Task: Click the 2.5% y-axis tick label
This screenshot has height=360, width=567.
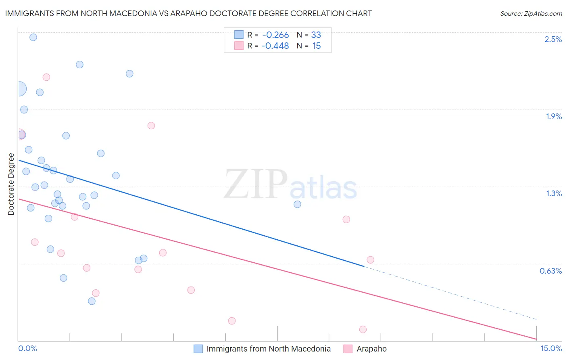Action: pos(553,39)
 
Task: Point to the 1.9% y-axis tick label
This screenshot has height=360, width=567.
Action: pos(554,116)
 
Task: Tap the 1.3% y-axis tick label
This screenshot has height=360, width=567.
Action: pos(554,193)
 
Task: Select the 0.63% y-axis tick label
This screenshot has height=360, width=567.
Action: pos(550,271)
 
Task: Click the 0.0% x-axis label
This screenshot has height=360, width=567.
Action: pos(27,348)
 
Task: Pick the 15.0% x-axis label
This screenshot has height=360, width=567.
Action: pos(551,348)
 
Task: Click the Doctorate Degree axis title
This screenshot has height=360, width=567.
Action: pos(11,184)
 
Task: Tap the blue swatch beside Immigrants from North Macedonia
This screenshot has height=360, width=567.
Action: pos(198,349)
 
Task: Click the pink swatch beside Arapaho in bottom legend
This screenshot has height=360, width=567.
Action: pos(348,349)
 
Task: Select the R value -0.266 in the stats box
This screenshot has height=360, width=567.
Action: pos(275,35)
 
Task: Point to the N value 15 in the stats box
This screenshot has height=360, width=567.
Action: pos(317,46)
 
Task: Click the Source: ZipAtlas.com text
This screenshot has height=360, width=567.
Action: pos(531,14)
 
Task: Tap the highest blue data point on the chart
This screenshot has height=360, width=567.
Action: pos(33,37)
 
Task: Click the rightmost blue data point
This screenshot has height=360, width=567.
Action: pos(297,204)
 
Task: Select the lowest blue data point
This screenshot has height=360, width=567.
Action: pos(92,301)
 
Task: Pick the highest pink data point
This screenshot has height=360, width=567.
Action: pos(46,77)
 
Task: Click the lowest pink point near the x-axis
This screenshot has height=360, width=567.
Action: pos(363,329)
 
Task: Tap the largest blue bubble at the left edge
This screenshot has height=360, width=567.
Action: pos(19,89)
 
